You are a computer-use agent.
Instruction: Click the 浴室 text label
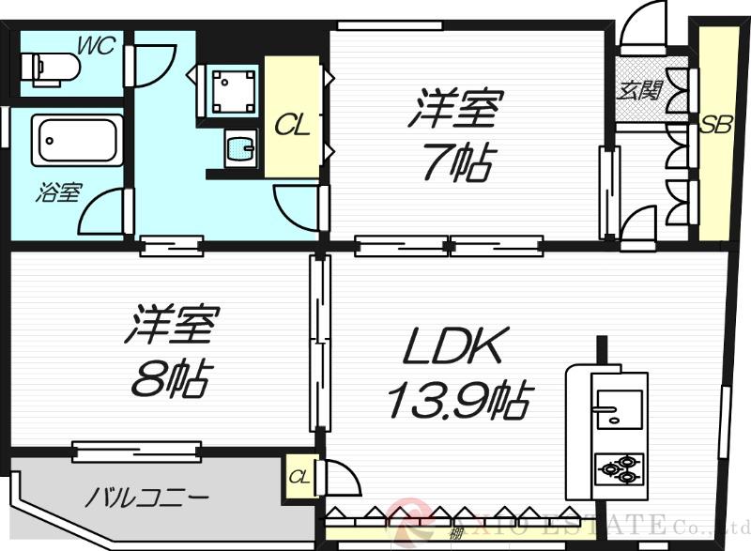pyautogui.click(x=58, y=192)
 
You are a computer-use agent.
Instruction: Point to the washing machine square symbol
pyautogui.click(x=228, y=88)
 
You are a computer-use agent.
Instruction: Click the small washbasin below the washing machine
pyautogui.click(x=239, y=148)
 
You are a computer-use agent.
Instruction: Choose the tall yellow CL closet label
pyautogui.click(x=291, y=125)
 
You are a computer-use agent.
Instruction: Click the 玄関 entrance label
pyautogui.click(x=641, y=90)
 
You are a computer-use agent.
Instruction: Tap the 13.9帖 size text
pyautogui.click(x=457, y=401)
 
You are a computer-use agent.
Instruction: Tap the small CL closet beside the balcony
pyautogui.click(x=299, y=477)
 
